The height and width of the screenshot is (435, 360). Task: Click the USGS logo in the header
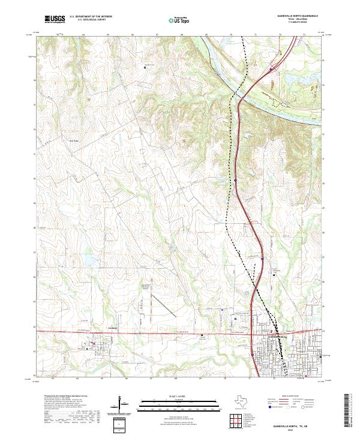tap(55, 19)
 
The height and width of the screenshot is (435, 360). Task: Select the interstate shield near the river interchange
tap(271, 69)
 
